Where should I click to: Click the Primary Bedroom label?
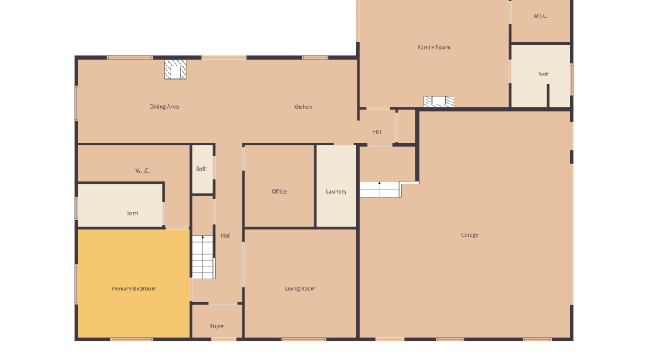coord(134,289)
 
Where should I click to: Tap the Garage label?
coord(469,235)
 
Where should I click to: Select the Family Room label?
coord(434,47)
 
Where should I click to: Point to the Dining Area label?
coord(164,107)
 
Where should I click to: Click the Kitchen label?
coord(302,107)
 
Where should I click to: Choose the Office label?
coord(279,192)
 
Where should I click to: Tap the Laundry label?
coord(336,192)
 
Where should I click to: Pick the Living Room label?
coord(300,289)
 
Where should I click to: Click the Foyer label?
coord(217,326)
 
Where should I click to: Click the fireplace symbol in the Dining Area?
coord(175,69)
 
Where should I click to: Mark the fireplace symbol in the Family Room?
coord(438,102)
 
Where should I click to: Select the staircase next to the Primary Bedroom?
coord(203,257)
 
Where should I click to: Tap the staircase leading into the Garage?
coord(379,189)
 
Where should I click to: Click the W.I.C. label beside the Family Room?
coord(540,16)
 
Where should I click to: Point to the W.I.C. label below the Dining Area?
coord(143,171)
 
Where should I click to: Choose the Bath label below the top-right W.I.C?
coord(544,74)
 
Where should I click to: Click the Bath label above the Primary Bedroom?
coord(132,213)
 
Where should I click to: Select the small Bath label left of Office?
coord(202,168)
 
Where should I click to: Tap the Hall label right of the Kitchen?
coord(377,132)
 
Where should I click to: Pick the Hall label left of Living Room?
coord(225,235)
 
